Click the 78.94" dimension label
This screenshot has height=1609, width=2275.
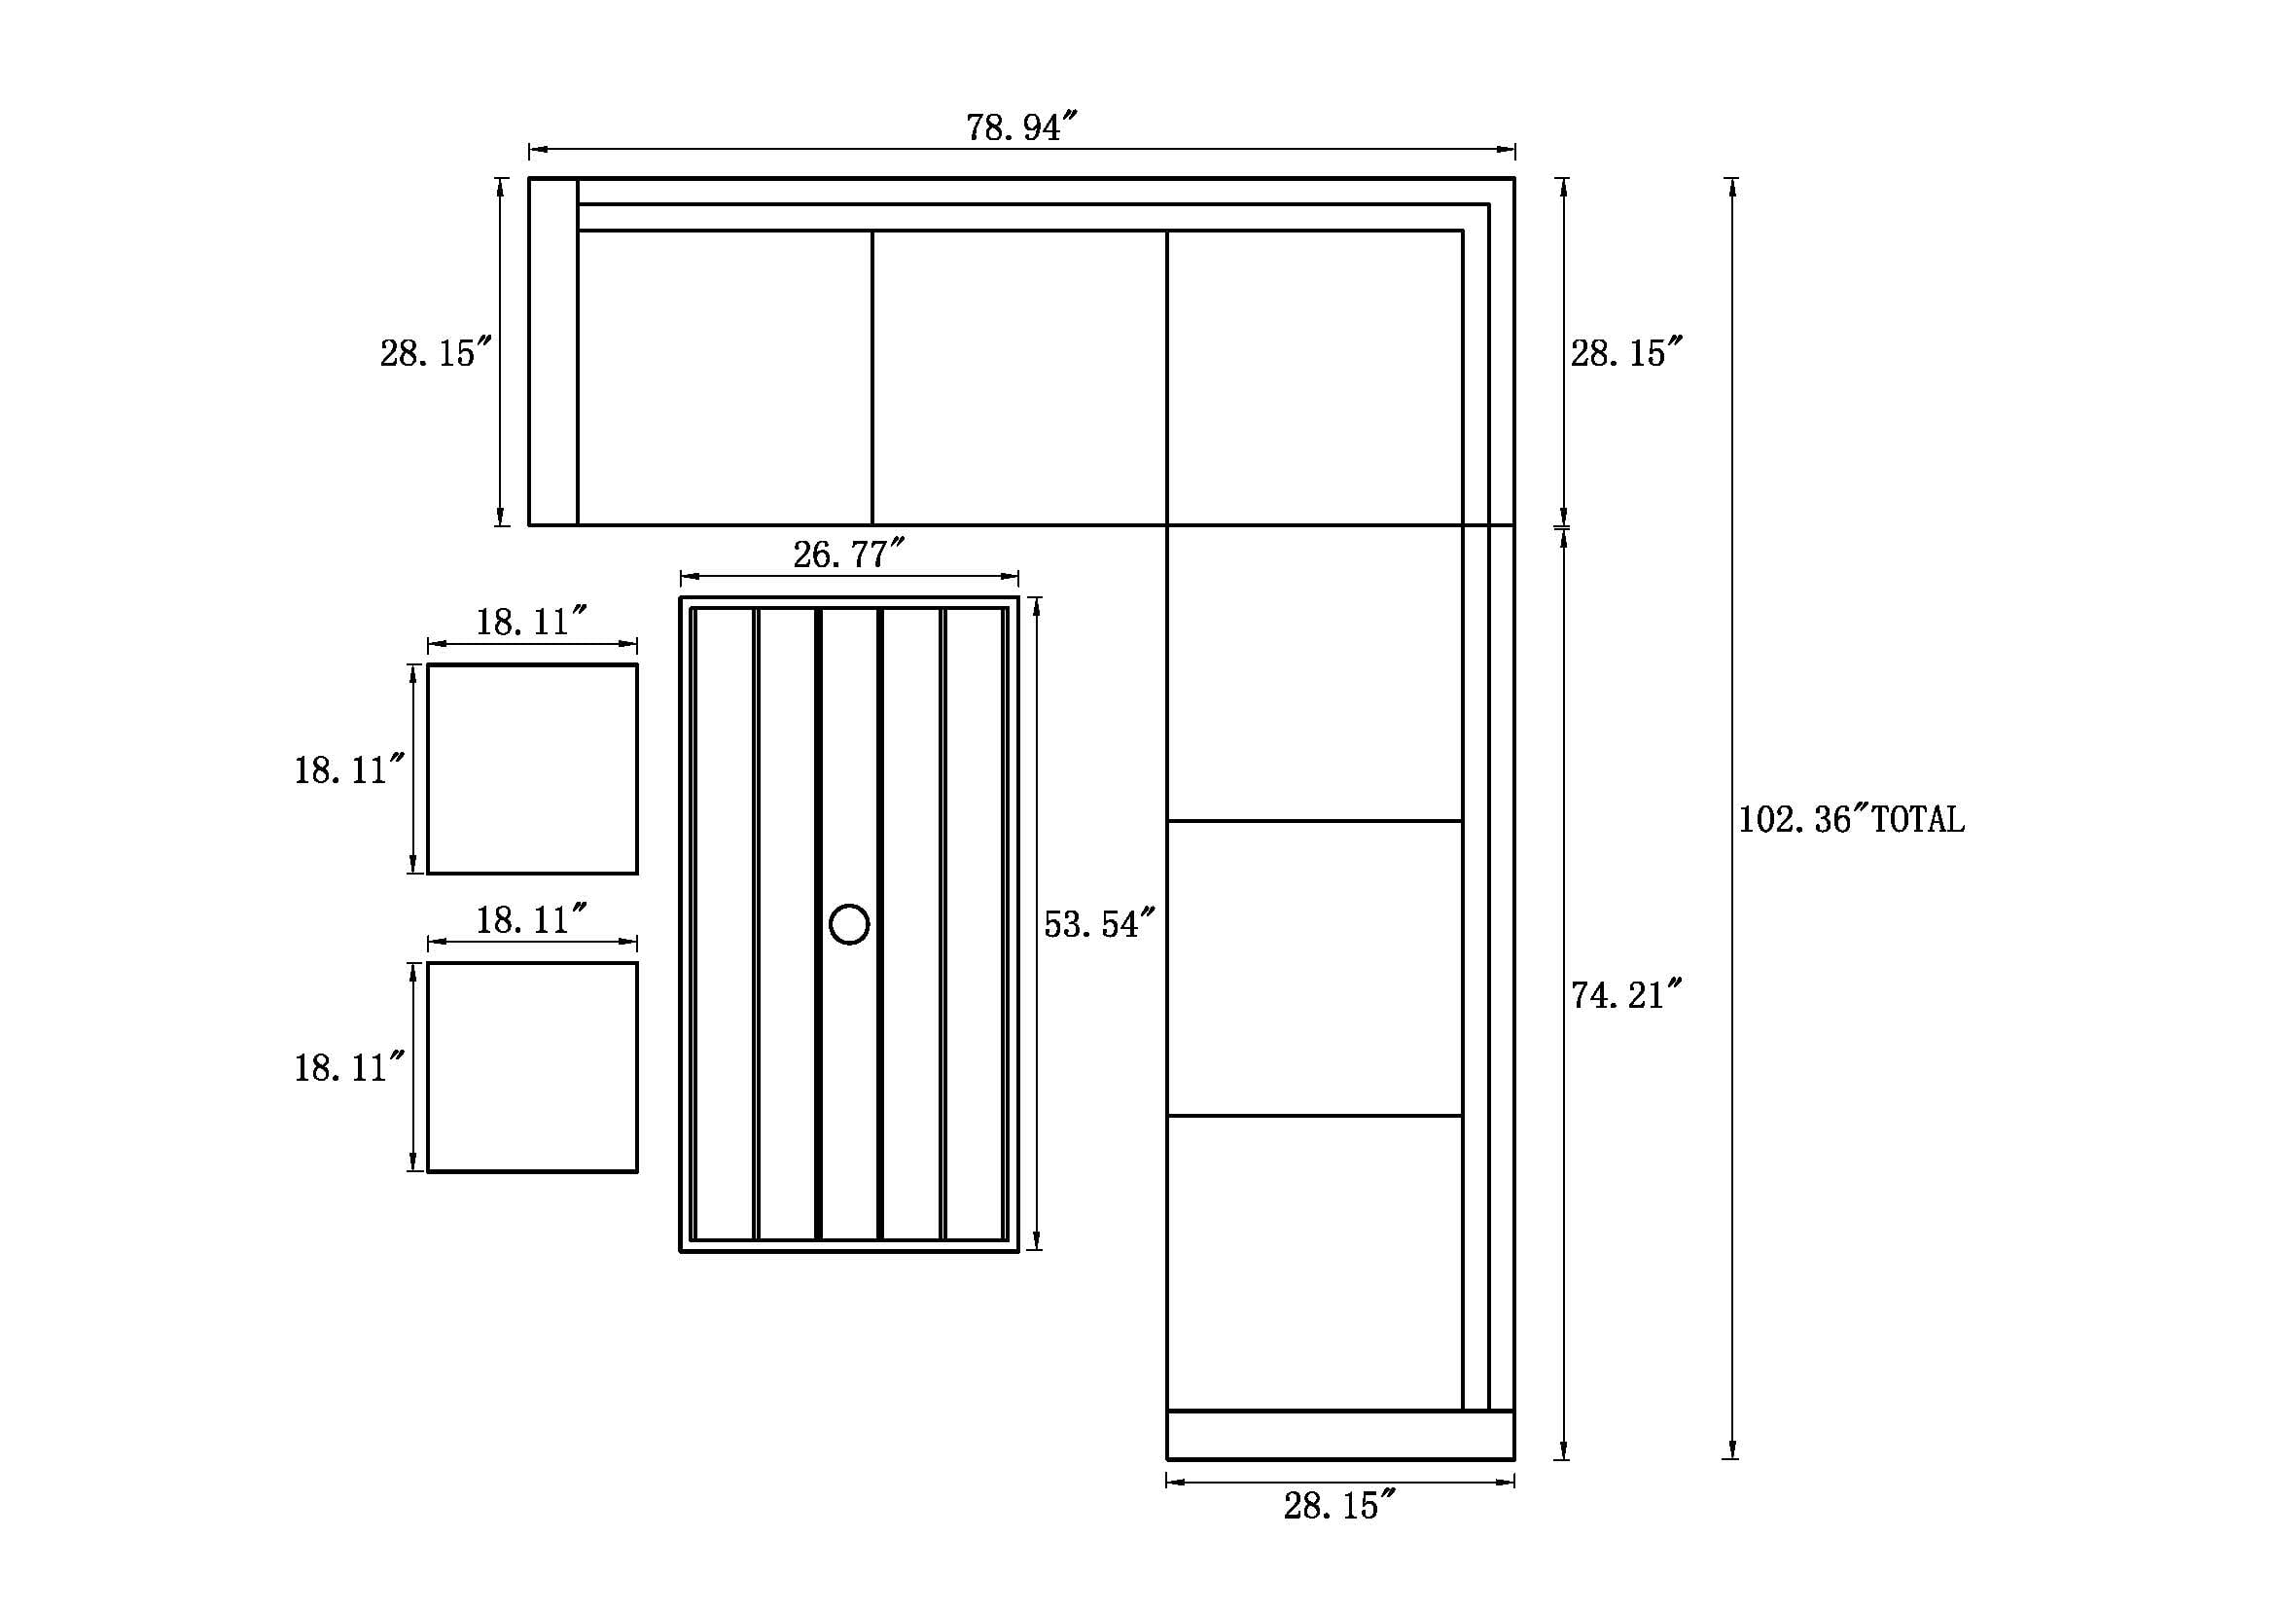1020,127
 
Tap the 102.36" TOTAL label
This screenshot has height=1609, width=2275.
1850,819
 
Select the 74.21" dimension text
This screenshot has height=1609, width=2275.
1626,995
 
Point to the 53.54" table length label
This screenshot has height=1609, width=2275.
1099,924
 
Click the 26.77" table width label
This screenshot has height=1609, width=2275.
848,554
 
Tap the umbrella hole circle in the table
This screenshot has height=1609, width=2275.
849,924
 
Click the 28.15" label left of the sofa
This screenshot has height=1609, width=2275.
435,353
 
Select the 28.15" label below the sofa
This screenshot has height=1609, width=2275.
1338,1506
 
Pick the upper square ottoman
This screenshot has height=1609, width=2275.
532,769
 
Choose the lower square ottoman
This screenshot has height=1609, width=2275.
532,1067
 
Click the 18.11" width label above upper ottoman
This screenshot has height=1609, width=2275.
531,623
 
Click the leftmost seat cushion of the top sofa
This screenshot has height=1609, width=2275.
725,377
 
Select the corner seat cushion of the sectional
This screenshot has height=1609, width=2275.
1315,377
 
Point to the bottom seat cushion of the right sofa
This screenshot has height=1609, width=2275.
1315,1263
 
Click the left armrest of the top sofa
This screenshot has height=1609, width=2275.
552,352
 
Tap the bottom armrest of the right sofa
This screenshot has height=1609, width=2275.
1339,1435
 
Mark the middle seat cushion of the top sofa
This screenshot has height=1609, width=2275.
1019,377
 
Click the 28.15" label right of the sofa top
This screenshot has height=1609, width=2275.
1626,353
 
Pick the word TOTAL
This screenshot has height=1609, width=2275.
1917,819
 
